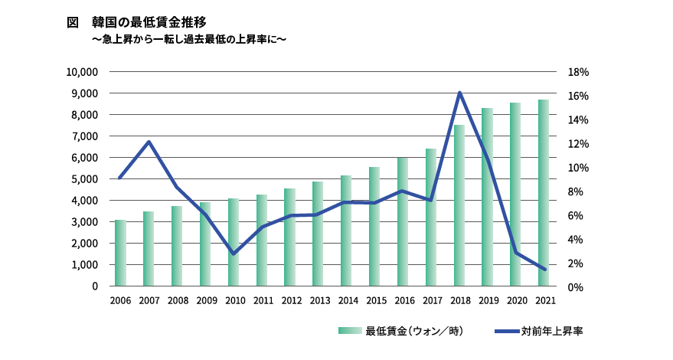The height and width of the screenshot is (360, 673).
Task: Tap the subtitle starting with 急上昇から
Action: pos(188,38)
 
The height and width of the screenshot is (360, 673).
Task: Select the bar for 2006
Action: pos(120,253)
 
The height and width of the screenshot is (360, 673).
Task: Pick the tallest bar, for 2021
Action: pos(544,193)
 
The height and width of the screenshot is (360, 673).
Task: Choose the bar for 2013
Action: pos(318,234)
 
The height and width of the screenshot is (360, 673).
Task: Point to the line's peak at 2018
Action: pos(459,93)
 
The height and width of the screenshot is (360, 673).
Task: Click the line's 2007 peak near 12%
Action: pos(149,142)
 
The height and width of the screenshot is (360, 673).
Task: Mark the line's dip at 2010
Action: pos(234,254)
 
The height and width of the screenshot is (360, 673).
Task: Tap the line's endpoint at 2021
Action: pos(544,269)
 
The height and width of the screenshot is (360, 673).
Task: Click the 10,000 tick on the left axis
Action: pos(82,72)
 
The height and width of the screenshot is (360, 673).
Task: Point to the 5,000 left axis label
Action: pos(85,179)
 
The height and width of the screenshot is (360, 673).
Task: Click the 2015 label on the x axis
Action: pos(374,301)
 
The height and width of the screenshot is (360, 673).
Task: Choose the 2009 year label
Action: pos(205,301)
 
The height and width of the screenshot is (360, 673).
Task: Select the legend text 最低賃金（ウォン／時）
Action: pos(414,331)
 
